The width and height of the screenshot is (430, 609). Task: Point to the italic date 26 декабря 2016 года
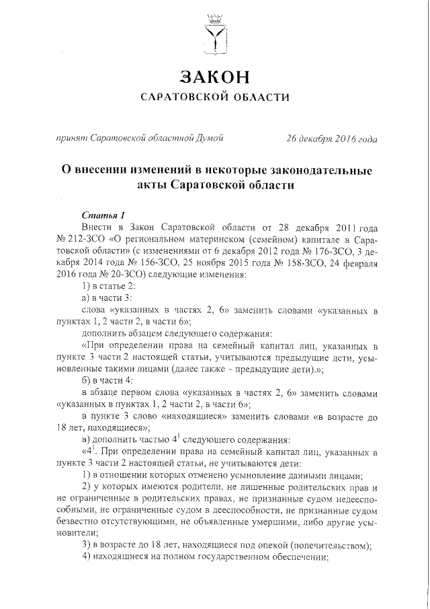(x=331, y=139)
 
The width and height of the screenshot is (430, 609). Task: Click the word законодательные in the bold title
(x=322, y=170)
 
